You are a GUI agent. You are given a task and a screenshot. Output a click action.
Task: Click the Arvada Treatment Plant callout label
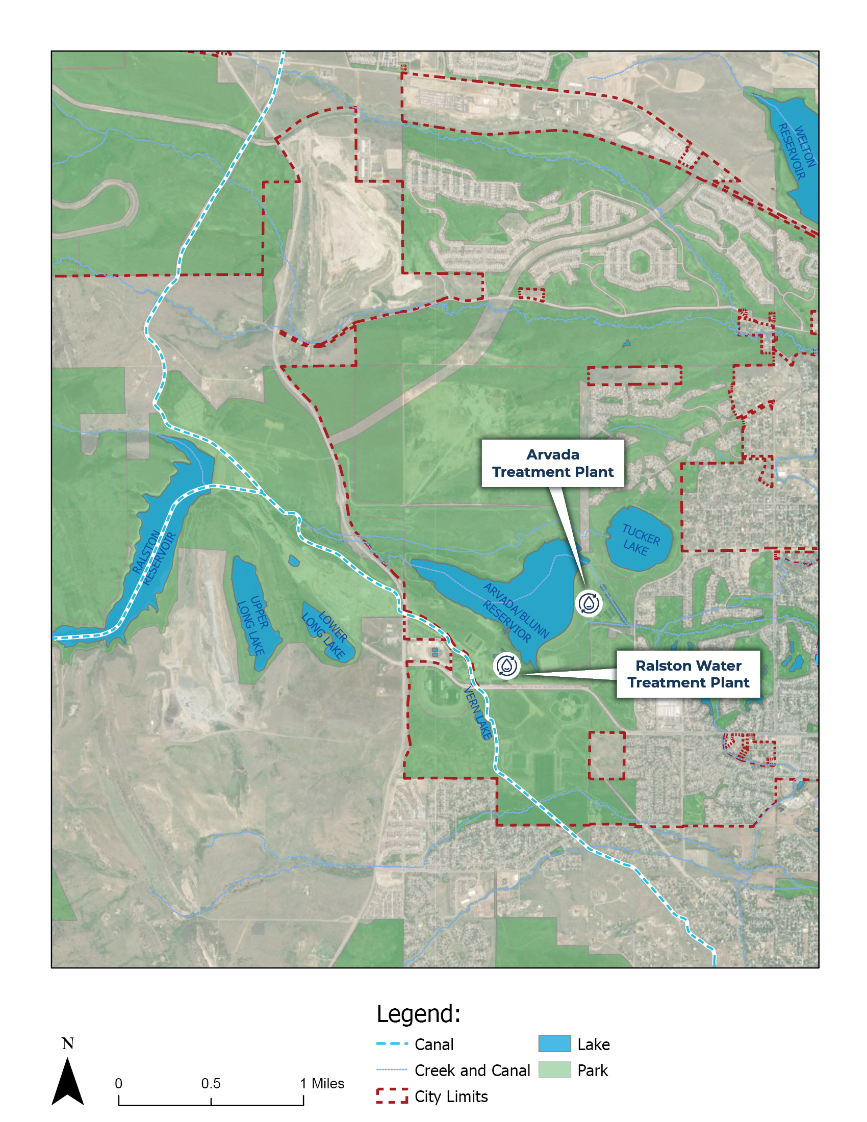point(552,463)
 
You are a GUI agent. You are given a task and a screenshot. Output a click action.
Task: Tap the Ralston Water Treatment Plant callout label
point(688,674)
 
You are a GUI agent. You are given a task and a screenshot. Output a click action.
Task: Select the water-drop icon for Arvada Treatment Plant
point(588,603)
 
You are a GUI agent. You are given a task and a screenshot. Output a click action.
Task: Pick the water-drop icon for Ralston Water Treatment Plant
point(506,666)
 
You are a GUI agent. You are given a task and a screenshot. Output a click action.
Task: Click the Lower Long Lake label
point(326,634)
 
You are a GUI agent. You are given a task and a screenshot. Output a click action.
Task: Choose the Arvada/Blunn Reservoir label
point(515,612)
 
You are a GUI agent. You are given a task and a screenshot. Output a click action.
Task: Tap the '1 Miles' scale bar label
point(322,1083)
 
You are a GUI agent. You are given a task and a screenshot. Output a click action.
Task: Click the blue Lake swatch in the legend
point(554,1044)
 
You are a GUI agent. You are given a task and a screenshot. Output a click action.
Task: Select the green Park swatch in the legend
point(554,1070)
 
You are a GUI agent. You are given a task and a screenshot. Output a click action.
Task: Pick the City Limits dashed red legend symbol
point(392,1096)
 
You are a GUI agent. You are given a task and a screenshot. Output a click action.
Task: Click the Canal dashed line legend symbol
point(392,1044)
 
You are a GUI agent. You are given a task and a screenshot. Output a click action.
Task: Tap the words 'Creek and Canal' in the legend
point(472,1070)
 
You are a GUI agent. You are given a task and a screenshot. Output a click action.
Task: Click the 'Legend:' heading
point(418,1013)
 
